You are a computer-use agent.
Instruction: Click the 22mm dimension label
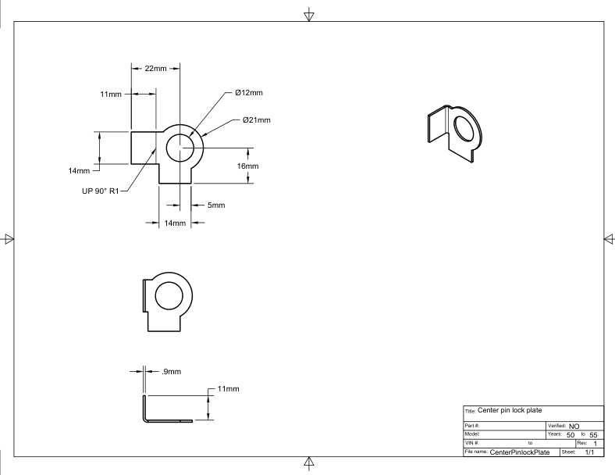pos(156,68)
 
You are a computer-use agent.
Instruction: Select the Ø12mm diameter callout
pos(249,93)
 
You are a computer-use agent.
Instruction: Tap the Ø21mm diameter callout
pos(257,120)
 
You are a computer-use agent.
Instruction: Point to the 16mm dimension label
pos(248,166)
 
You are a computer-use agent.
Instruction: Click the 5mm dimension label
pos(216,205)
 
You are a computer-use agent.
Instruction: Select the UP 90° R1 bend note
pos(100,191)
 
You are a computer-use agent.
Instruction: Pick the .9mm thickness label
pos(172,371)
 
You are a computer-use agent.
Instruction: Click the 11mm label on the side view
pos(228,389)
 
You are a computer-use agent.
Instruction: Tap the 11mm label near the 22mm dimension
pos(111,95)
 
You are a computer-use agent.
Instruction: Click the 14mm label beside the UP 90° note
pos(79,171)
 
